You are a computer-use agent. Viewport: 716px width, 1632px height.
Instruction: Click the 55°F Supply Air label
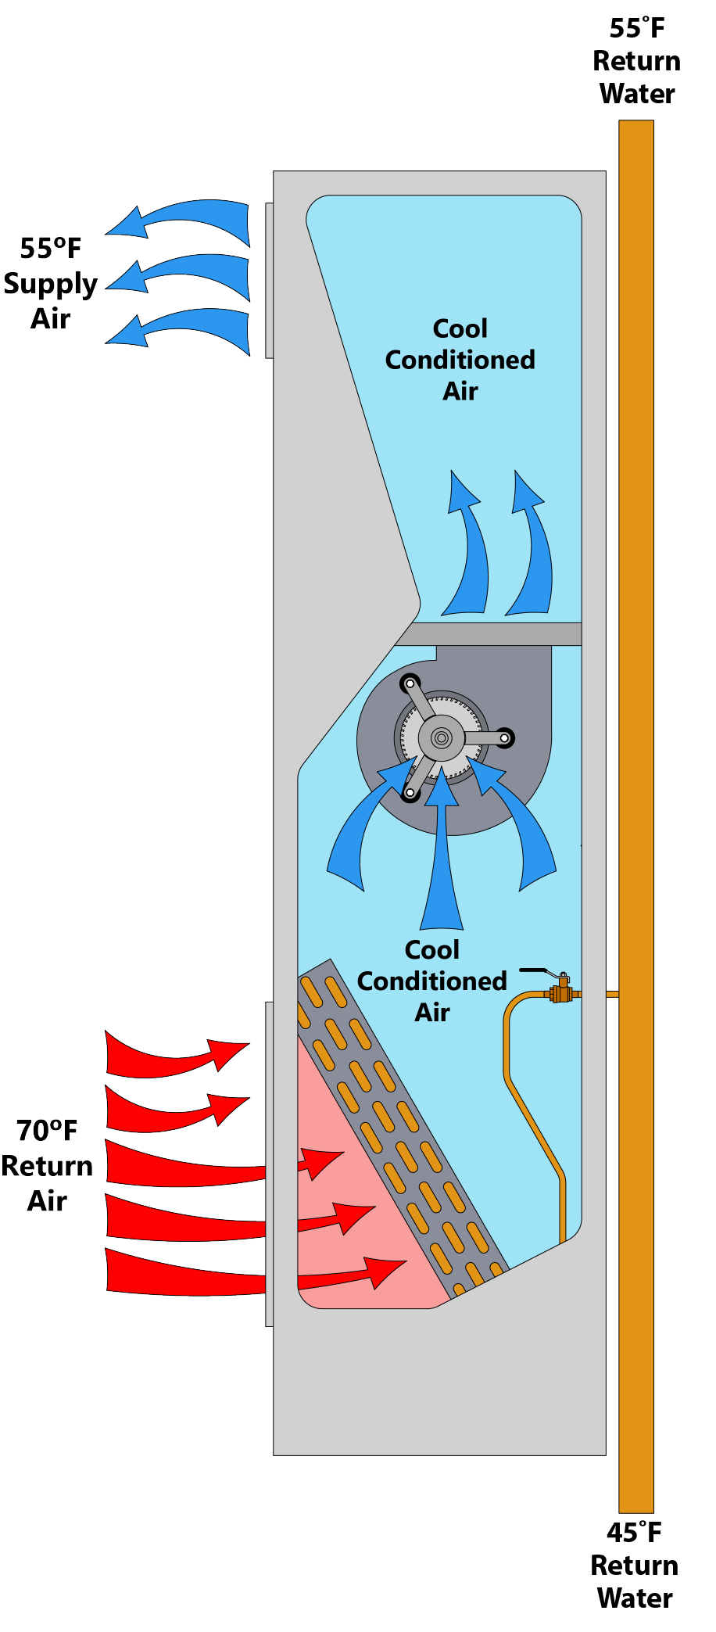[x=50, y=283]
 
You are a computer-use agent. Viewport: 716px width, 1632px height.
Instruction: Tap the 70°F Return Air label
[x=47, y=1165]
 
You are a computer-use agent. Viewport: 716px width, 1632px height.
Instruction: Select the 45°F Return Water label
[x=634, y=1565]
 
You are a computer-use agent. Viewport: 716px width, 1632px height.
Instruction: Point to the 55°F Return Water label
[x=636, y=61]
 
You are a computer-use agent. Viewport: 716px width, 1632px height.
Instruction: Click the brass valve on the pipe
[x=561, y=993]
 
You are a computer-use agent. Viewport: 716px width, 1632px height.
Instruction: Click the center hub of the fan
[x=441, y=737]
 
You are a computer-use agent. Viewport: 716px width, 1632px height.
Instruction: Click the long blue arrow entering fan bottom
[x=442, y=852]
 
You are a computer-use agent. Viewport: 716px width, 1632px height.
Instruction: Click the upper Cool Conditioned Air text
[x=460, y=360]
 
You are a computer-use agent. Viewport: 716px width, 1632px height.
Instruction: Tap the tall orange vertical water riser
[x=635, y=782]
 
